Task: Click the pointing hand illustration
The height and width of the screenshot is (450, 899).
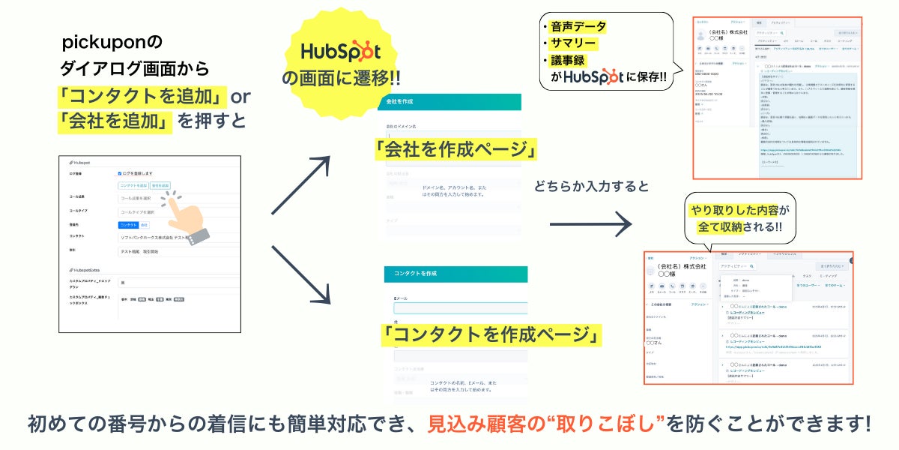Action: coord(183,217)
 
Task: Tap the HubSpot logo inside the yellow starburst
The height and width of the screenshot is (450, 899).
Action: coord(341,52)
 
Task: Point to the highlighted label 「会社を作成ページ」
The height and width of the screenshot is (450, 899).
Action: coord(455,149)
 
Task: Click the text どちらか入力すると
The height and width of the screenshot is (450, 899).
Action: coord(592,187)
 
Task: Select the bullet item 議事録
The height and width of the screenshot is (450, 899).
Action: coord(570,60)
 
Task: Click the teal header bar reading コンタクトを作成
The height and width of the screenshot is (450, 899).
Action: coord(455,274)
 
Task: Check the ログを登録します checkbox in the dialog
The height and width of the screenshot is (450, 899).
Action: coord(120,173)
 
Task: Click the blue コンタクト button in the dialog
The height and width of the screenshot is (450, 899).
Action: coord(128,224)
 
